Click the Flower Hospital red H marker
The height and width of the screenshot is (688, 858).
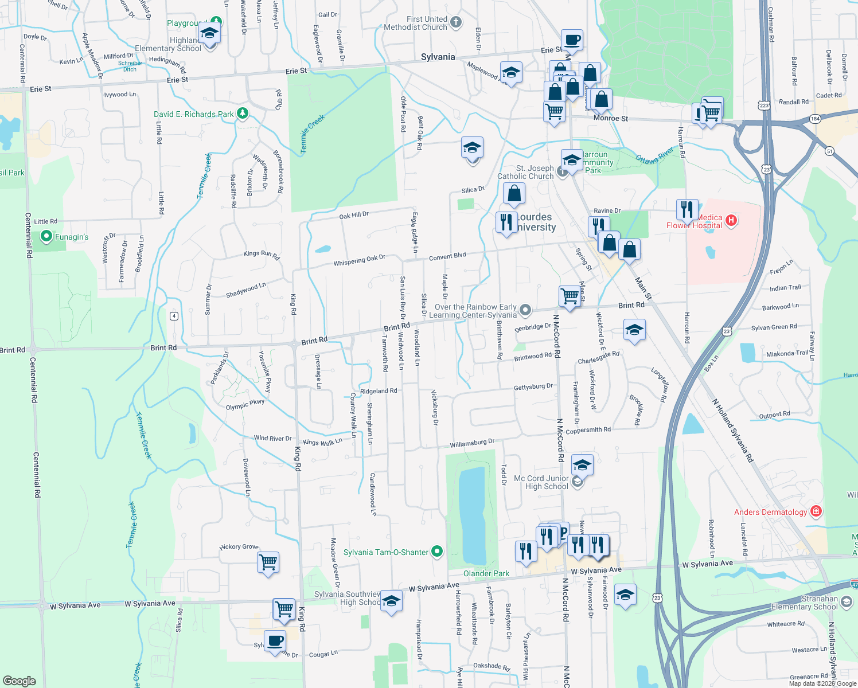[731, 220]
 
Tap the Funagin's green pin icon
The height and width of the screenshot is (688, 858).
[46, 236]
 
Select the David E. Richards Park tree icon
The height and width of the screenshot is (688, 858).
[243, 114]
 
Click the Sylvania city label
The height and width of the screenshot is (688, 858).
[438, 57]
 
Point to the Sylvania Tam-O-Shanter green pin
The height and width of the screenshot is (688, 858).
[437, 552]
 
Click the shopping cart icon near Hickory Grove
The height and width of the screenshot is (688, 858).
[268, 562]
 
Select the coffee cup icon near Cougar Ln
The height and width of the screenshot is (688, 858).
[275, 640]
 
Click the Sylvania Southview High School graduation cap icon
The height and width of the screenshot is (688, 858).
[391, 601]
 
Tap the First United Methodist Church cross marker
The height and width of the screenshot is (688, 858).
[456, 22]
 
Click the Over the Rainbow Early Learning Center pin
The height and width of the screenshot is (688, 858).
[525, 311]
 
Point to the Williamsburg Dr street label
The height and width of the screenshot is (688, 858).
[472, 443]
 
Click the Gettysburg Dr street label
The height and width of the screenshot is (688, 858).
[533, 387]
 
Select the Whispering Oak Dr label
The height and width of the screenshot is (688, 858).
[360, 260]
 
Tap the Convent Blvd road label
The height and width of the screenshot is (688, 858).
[447, 256]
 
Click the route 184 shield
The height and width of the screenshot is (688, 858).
[816, 119]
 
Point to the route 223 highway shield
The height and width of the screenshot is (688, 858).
[764, 105]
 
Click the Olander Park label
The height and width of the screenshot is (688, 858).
[486, 573]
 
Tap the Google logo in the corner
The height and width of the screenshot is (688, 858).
[19, 681]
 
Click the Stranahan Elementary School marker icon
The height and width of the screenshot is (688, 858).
[847, 602]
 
